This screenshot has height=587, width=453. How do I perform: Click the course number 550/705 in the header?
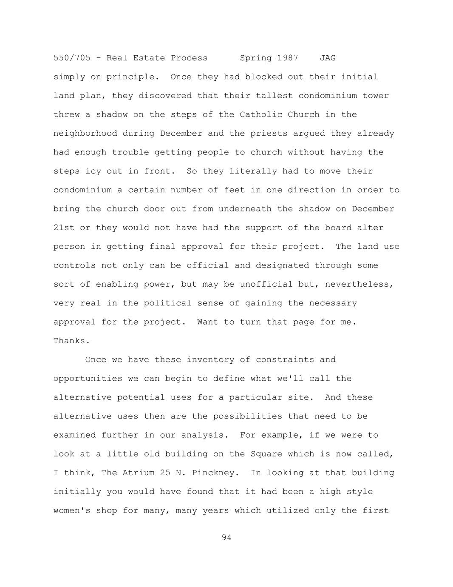72,58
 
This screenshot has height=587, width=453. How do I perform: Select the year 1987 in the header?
288,58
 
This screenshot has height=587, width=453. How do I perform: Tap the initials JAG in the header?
328,58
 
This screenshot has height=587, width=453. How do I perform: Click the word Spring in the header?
256,58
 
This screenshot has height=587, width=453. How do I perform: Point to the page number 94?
226,538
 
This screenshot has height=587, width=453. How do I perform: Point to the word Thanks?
71,341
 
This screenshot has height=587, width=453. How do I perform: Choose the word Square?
266,454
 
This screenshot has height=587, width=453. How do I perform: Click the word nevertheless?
359,284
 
